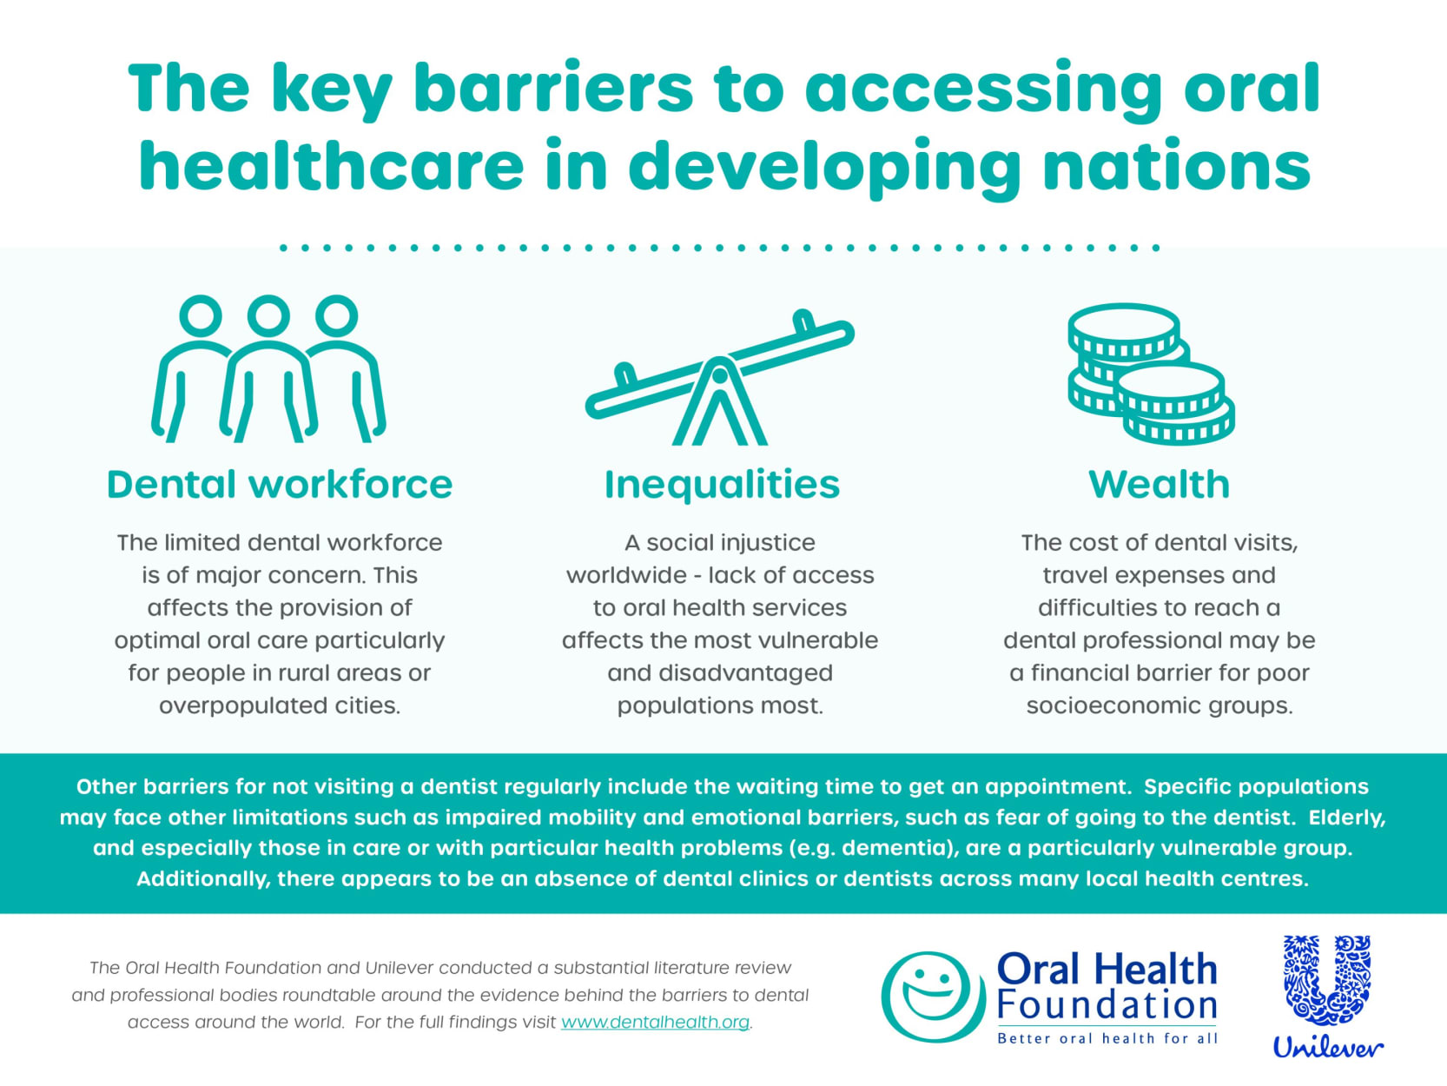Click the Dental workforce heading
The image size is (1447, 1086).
click(280, 485)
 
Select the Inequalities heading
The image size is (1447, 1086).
click(722, 487)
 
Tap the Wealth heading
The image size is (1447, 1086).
click(1159, 485)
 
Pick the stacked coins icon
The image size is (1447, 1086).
click(1151, 374)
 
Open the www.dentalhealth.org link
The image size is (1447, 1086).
click(655, 1022)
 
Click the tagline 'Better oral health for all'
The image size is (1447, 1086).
click(1107, 1038)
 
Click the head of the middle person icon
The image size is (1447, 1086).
click(268, 316)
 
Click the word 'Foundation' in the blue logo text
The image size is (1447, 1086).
click(1107, 1005)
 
